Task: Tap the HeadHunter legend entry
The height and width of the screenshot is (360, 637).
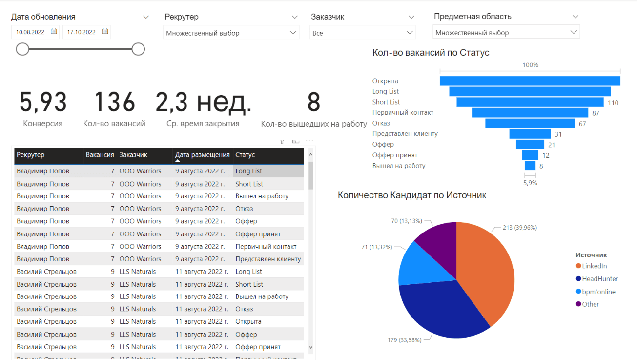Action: (x=599, y=279)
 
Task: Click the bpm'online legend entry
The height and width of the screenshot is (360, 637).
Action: (x=598, y=292)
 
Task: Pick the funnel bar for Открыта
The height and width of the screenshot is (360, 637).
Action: (x=530, y=81)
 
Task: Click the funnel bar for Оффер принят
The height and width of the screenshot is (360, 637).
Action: (x=530, y=155)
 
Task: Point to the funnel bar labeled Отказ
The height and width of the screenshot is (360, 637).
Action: (x=530, y=124)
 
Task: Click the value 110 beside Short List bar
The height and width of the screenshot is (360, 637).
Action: (x=613, y=103)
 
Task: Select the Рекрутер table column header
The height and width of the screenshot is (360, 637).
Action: (x=31, y=155)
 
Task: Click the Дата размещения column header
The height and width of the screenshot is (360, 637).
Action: (x=203, y=155)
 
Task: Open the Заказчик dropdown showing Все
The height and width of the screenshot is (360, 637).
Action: (x=363, y=33)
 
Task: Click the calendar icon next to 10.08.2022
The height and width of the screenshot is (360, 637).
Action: (x=54, y=32)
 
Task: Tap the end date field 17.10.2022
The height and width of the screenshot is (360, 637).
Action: (x=82, y=32)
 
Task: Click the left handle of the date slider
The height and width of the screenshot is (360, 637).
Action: (x=22, y=49)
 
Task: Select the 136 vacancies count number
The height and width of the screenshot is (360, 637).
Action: (x=115, y=103)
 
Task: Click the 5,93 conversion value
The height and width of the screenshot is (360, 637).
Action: (x=43, y=103)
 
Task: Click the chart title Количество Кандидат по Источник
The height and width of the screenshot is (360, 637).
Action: (x=412, y=195)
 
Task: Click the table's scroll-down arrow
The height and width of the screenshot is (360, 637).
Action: (x=311, y=347)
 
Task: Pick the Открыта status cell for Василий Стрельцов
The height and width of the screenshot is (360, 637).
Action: (x=248, y=322)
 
